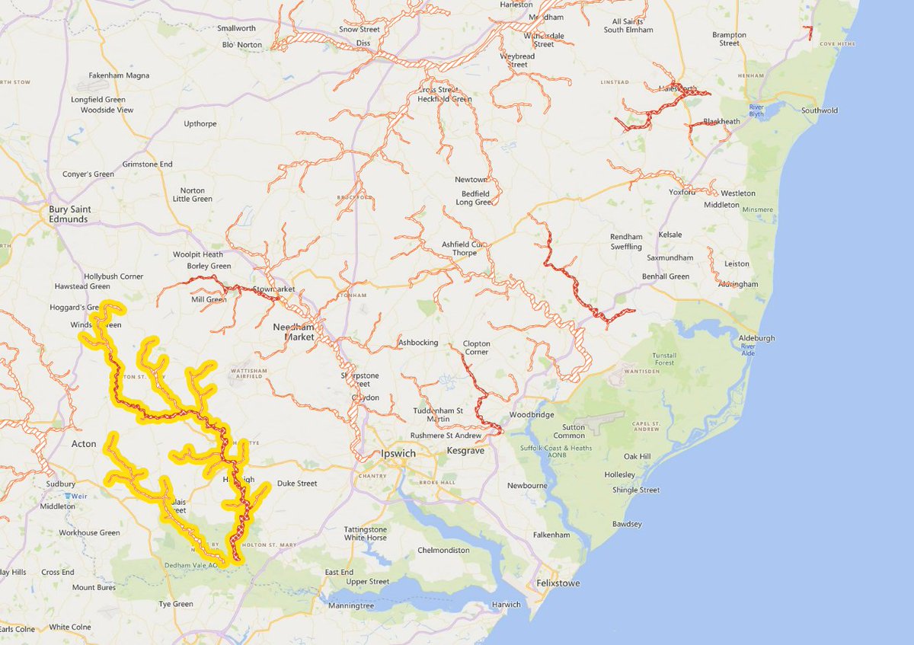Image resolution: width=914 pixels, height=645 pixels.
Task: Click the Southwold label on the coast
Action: click(x=819, y=110)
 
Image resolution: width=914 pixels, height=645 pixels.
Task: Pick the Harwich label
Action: click(x=507, y=605)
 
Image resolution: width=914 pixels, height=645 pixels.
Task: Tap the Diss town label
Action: click(x=363, y=43)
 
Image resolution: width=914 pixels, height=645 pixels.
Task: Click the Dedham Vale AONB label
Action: click(x=194, y=565)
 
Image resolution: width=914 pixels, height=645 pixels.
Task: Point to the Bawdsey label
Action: click(x=627, y=524)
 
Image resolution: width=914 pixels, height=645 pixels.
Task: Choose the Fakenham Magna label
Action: click(x=119, y=75)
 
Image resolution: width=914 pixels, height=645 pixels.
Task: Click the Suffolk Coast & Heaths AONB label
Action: click(x=562, y=452)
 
